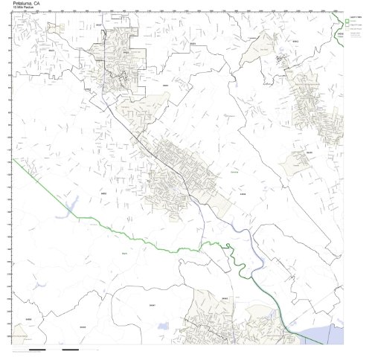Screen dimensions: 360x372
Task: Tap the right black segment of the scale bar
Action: [71, 349]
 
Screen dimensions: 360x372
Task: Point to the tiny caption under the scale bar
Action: [45, 353]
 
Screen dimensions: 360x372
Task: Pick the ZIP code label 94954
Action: [242, 192]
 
